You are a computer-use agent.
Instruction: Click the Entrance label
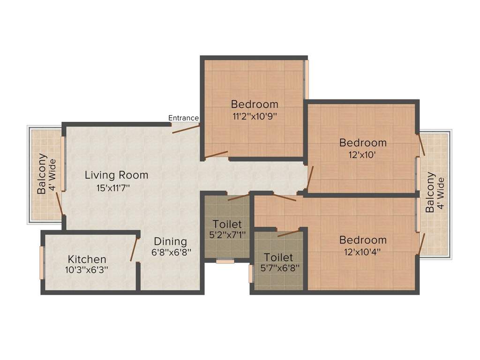tap(183, 118)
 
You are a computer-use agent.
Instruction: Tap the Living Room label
tap(116, 175)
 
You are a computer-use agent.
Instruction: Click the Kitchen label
tap(87, 259)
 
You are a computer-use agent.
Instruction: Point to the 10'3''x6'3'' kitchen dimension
tap(87, 270)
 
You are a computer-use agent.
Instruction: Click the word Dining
tap(171, 241)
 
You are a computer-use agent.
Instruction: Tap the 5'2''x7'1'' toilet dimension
tap(227, 233)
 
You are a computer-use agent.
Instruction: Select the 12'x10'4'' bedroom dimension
tap(363, 251)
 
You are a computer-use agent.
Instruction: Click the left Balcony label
tap(42, 173)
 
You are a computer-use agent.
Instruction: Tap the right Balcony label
tap(430, 192)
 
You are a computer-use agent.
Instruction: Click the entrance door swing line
tap(186, 129)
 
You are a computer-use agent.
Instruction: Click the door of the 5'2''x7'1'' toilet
tap(239, 197)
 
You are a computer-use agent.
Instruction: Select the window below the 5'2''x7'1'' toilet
tap(225, 261)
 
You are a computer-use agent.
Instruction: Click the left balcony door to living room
tap(59, 204)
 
